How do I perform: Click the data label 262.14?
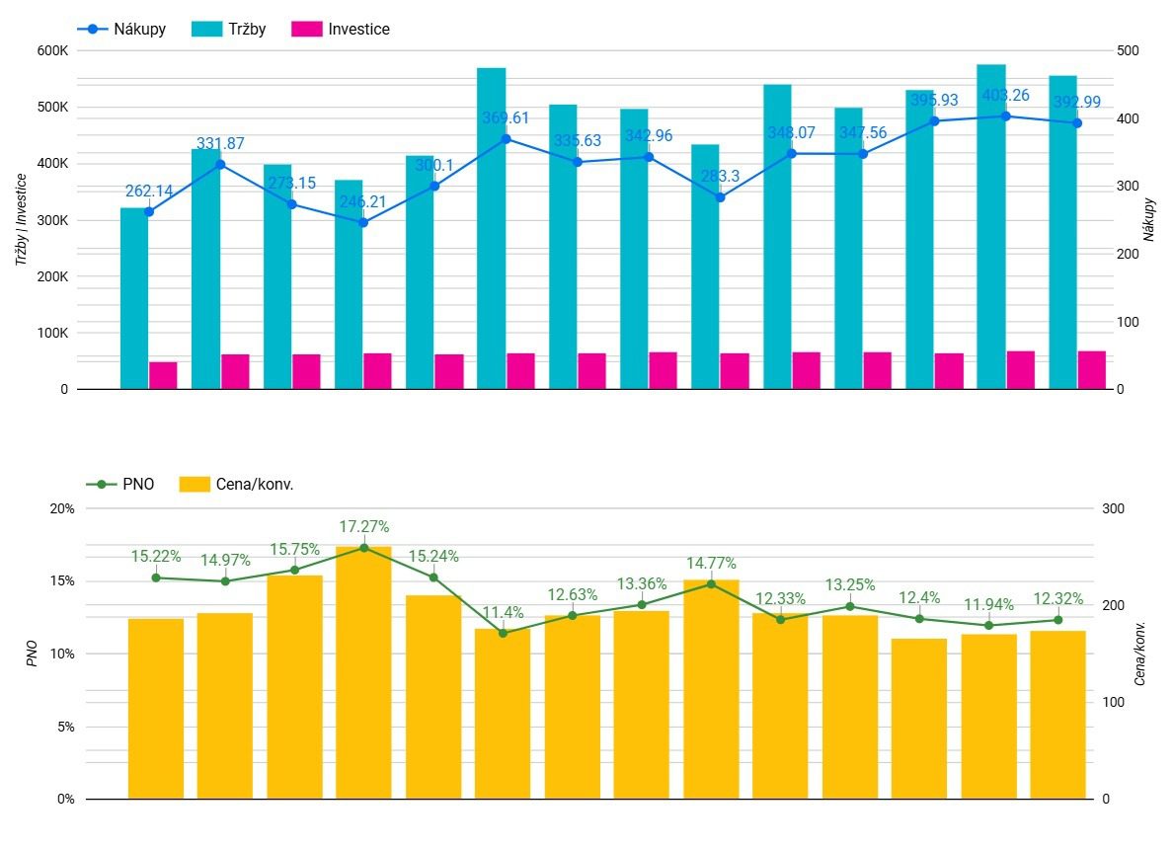(x=149, y=192)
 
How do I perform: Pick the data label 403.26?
(x=1006, y=96)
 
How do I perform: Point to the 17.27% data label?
(x=363, y=527)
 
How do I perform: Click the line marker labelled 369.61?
(x=506, y=139)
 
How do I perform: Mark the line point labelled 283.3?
(x=720, y=197)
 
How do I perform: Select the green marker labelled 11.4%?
(x=503, y=633)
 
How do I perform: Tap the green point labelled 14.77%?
(x=711, y=584)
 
